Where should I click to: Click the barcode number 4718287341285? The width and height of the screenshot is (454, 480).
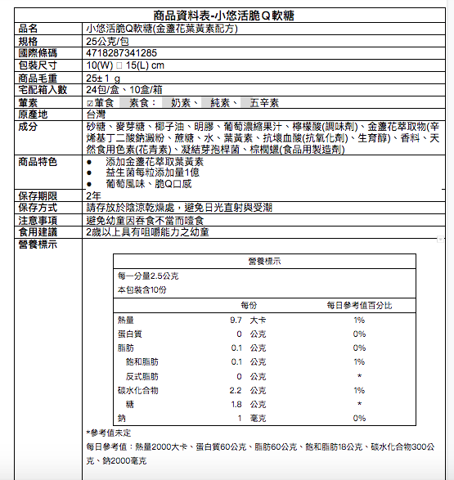click(122, 52)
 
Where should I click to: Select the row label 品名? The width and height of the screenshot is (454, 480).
click(28, 28)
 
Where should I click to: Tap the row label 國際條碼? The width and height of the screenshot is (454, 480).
click(38, 52)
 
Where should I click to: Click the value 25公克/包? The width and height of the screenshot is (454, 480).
click(107, 40)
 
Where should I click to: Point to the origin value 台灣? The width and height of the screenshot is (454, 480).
click(96, 114)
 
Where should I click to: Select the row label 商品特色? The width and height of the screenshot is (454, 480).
click(38, 161)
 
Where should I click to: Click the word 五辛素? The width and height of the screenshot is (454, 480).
click(264, 103)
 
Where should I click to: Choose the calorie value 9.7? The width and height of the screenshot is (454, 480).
click(236, 320)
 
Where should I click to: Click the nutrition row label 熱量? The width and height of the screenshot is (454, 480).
click(125, 320)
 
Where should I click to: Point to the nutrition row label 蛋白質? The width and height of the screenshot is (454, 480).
click(130, 334)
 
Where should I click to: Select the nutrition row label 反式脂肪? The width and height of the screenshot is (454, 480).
click(141, 376)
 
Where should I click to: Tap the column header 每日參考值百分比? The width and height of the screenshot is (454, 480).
click(358, 304)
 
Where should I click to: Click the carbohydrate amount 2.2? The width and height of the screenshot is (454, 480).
click(236, 390)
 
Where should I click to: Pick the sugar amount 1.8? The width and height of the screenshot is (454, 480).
click(236, 404)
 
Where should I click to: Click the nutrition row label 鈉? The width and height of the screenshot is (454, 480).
click(121, 418)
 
